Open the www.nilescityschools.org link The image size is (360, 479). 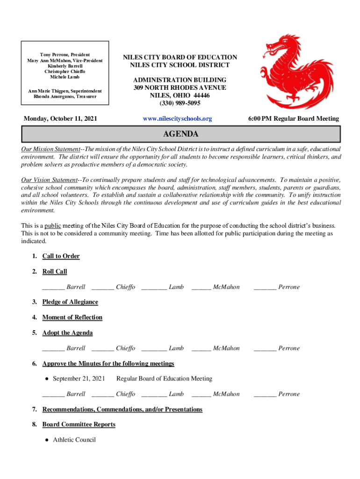[177, 119]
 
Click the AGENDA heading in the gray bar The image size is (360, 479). [180, 135]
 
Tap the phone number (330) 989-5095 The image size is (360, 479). [180, 103]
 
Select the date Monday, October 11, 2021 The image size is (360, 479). [60, 119]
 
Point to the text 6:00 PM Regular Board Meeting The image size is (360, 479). [294, 119]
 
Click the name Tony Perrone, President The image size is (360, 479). [65, 55]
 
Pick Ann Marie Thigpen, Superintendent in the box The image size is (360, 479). [65, 91]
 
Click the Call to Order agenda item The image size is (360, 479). [61, 256]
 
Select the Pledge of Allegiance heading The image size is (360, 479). [70, 302]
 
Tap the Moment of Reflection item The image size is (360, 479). [72, 317]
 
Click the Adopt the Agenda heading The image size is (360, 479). [67, 333]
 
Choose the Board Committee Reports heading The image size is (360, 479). [79, 424]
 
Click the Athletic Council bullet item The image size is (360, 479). [74, 440]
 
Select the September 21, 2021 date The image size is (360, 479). [79, 378]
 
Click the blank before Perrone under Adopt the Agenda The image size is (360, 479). [265, 349]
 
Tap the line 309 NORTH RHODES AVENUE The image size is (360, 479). [180, 87]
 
